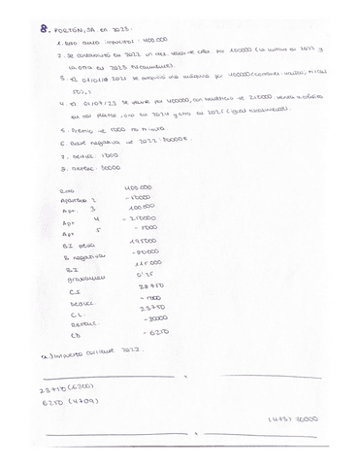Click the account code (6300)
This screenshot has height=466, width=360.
click(x=83, y=387)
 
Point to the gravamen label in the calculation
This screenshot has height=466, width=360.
click(x=77, y=278)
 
